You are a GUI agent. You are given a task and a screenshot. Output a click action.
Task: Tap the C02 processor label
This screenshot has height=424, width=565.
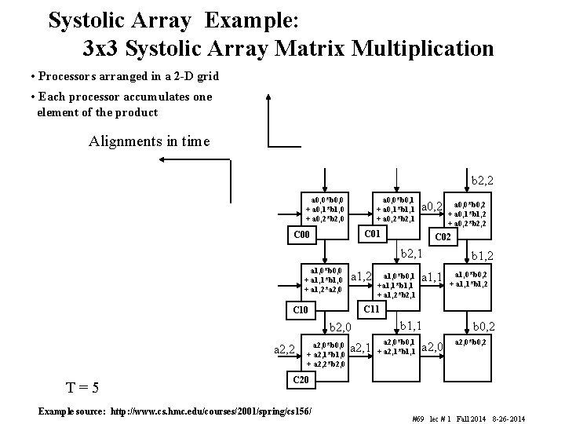(x=443, y=236)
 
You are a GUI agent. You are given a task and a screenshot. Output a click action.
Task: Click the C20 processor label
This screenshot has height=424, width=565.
(x=301, y=380)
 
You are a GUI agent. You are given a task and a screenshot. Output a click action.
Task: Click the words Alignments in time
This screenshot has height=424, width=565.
(x=149, y=141)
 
